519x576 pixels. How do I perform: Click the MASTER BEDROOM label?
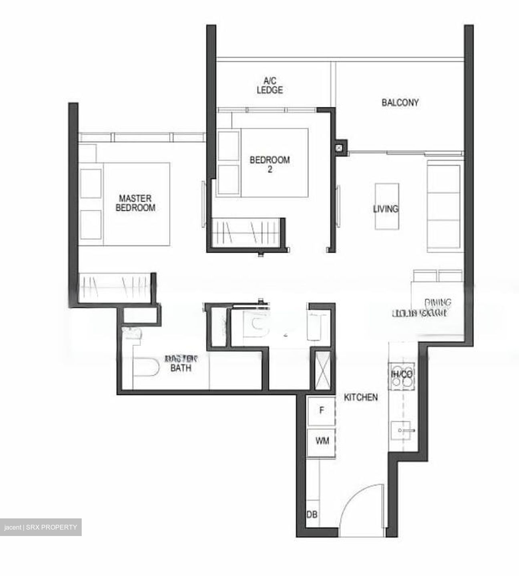tap(135, 203)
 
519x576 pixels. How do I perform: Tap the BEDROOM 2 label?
tap(270, 164)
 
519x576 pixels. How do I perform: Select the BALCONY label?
tap(400, 102)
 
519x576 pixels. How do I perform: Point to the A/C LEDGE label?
tap(270, 85)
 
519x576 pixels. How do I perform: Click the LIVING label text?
tap(385, 209)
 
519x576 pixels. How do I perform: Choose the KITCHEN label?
tap(361, 397)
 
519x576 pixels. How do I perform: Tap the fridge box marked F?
tap(321, 411)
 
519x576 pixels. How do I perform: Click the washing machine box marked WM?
tap(322, 441)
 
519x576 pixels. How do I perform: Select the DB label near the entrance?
tap(312, 514)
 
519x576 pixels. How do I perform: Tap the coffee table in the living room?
tap(387, 206)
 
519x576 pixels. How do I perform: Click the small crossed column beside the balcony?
tap(340, 147)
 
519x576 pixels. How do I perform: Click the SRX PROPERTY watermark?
tap(41, 527)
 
